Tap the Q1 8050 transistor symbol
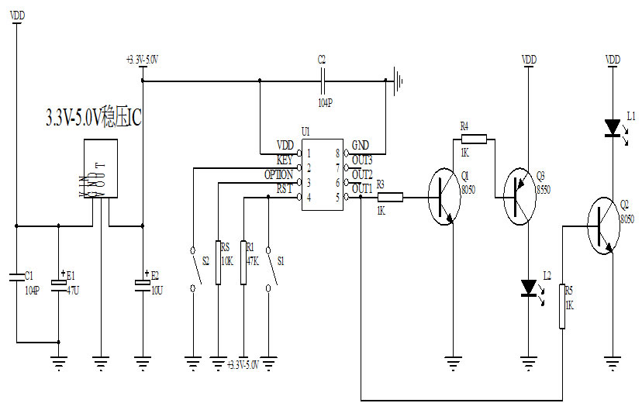pyautogui.click(x=445, y=198)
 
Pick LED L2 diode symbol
pyautogui.click(x=530, y=288)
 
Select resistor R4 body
pyautogui.click(x=475, y=139)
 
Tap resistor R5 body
pyautogui.click(x=561, y=308)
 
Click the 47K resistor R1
pyautogui.click(x=244, y=263)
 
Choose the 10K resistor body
pyautogui.click(x=219, y=263)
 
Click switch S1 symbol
pyautogui.click(x=269, y=268)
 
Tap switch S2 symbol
pyautogui.click(x=193, y=268)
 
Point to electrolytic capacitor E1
pyautogui.click(x=59, y=282)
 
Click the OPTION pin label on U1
pyautogui.click(x=278, y=175)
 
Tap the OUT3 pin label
pyautogui.click(x=362, y=160)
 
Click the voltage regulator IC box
pyautogui.click(x=100, y=168)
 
